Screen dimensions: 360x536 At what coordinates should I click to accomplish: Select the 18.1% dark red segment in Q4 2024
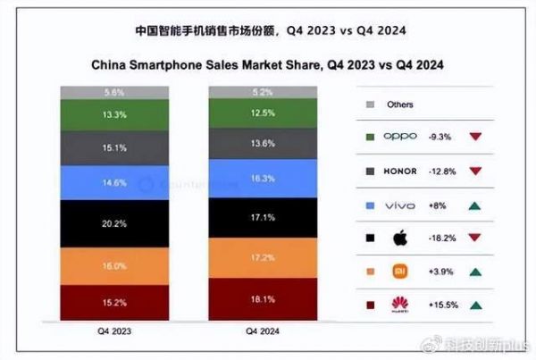point(262,300)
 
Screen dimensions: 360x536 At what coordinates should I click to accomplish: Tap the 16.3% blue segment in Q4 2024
point(262,178)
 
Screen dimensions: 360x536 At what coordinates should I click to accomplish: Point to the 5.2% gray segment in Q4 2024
point(262,92)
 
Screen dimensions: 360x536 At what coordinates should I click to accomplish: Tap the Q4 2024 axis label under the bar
point(262,331)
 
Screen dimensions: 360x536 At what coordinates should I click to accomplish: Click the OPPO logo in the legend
point(400,137)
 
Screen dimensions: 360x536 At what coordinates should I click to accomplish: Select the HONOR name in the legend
point(400,170)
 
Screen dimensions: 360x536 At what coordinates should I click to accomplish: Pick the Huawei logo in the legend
point(399,304)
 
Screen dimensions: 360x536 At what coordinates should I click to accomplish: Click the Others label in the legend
point(400,105)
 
